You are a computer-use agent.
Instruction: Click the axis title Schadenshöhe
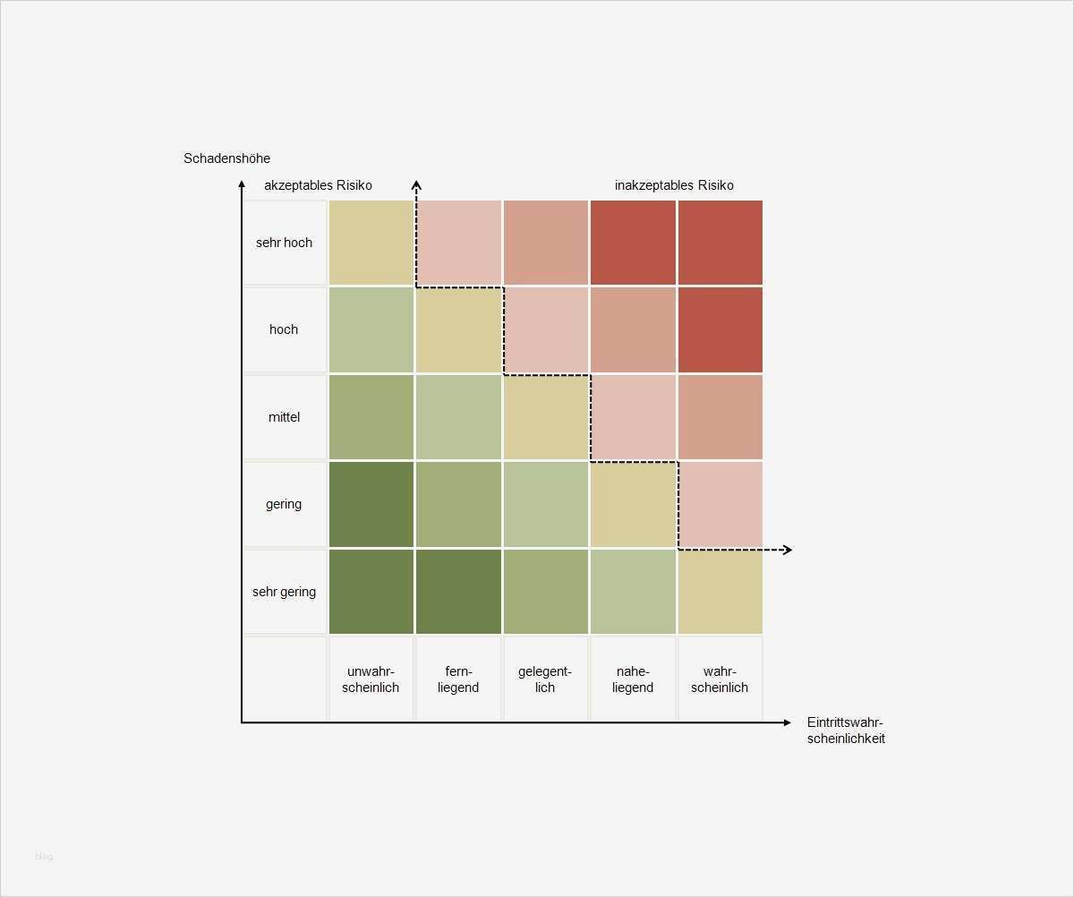(226, 158)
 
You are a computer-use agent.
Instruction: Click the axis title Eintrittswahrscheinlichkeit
(846, 730)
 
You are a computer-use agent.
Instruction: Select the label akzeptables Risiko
(318, 185)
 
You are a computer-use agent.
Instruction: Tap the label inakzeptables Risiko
(674, 185)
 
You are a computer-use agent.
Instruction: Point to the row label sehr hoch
(284, 243)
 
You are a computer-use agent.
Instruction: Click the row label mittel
(284, 417)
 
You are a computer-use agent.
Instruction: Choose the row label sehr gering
(284, 592)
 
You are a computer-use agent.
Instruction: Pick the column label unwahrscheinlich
(371, 679)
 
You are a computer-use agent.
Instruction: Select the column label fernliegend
(458, 679)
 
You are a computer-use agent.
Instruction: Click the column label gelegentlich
(545, 679)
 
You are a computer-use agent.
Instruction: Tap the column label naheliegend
(633, 679)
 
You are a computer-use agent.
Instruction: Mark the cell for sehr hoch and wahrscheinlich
(720, 243)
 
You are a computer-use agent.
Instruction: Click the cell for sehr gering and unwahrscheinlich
(371, 592)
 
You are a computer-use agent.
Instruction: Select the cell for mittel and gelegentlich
(545, 417)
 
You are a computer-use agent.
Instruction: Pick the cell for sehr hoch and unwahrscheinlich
(371, 243)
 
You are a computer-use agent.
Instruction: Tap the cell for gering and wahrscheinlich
(720, 504)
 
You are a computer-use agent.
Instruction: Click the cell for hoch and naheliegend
(633, 329)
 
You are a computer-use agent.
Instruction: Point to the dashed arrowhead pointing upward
(416, 184)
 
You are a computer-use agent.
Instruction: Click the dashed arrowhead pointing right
(787, 550)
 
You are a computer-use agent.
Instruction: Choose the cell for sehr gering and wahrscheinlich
(720, 592)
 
